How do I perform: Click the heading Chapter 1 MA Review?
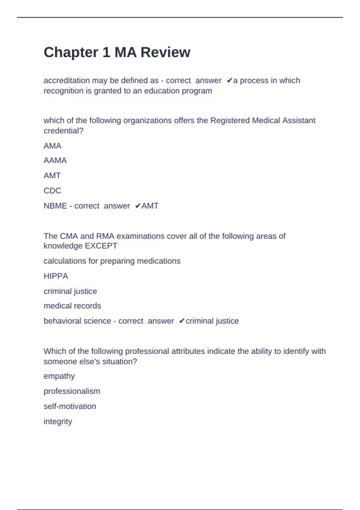117,52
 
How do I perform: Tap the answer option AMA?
52,146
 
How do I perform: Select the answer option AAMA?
55,160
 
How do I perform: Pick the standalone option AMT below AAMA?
52,175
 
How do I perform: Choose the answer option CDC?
52,190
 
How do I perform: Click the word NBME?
55,206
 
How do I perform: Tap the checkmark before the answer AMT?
138,206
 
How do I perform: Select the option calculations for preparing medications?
112,261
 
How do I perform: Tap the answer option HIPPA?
56,276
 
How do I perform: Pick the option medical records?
72,306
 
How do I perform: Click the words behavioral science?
77,321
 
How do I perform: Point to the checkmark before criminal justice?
181,321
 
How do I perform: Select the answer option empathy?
59,376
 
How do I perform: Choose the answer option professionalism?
72,391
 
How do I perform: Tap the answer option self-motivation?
70,406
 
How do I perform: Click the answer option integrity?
58,421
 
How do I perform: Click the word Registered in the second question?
230,120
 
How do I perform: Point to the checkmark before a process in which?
229,80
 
